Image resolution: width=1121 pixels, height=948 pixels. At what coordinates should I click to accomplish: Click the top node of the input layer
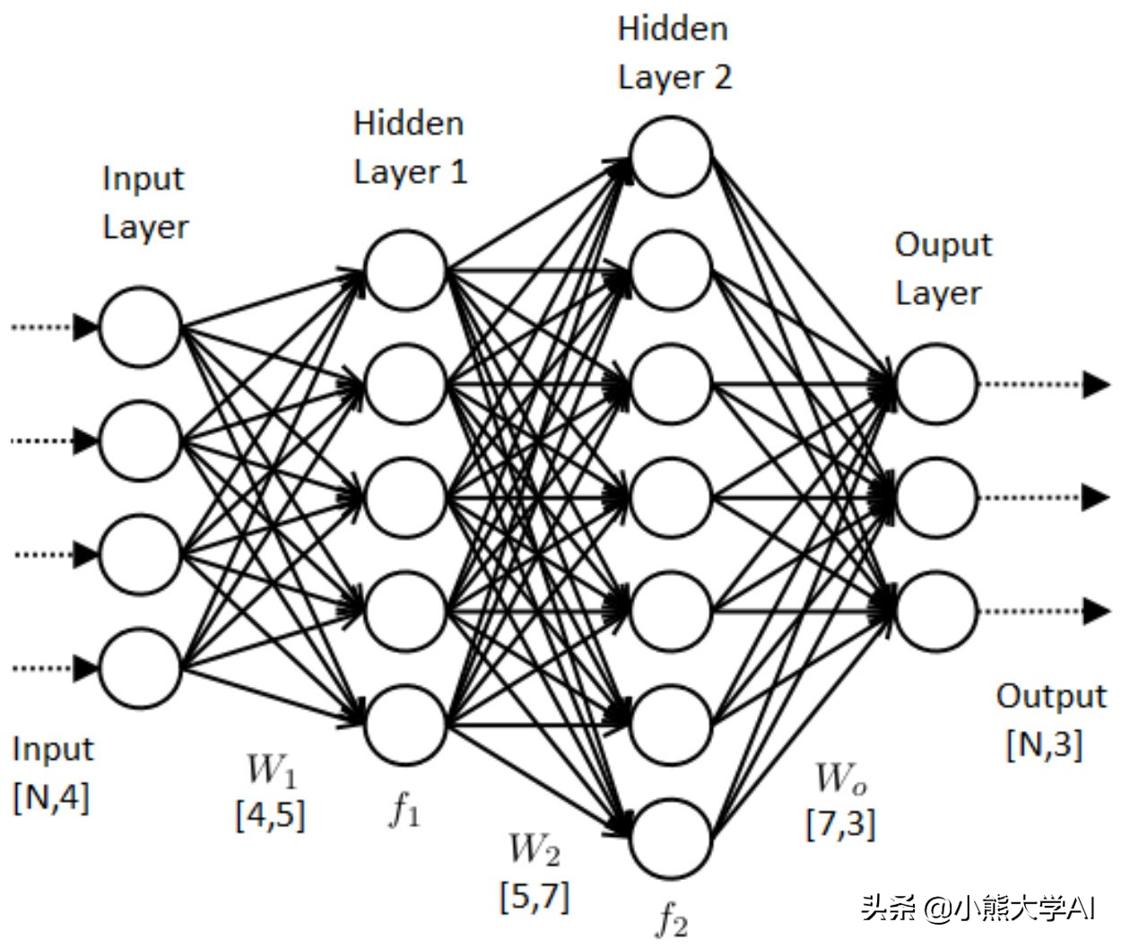(141, 327)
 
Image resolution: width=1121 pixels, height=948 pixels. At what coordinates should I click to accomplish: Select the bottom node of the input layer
(141, 668)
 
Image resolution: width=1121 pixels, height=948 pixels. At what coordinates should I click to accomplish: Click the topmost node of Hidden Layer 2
(672, 157)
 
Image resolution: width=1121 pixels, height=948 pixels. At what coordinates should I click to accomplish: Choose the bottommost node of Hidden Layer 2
(672, 839)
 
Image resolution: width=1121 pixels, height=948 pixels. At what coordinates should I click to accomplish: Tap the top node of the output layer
(936, 384)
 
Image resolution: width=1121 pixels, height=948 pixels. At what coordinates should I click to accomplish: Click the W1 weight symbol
(271, 770)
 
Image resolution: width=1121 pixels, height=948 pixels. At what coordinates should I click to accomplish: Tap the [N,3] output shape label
(1045, 744)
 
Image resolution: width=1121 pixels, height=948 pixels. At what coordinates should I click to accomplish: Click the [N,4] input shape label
(51, 796)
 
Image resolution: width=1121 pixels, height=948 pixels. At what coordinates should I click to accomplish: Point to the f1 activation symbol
(404, 810)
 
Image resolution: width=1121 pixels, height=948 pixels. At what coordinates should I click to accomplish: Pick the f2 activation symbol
(673, 918)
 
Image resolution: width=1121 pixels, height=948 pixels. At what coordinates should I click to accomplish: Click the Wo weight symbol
(840, 778)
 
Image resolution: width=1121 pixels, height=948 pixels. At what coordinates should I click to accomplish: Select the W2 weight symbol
(534, 849)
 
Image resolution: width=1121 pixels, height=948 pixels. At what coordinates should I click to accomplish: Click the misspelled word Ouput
(943, 245)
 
